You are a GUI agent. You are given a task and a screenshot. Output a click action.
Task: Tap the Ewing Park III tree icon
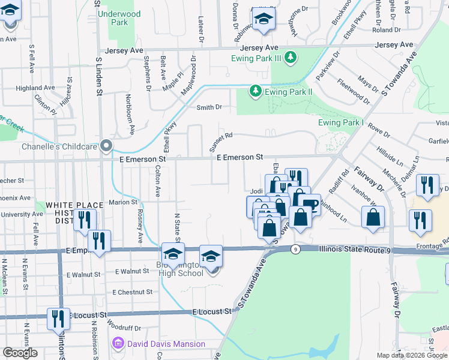pyautogui.click(x=291, y=58)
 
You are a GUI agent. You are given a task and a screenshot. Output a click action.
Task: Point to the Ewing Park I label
pyautogui.click(x=342, y=123)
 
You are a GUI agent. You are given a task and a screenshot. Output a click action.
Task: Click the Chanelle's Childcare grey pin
pyautogui.click(x=106, y=146)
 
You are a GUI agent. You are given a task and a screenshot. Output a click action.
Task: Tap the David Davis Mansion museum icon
pyautogui.click(x=118, y=344)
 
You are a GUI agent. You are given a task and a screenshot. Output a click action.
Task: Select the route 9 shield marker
pyautogui.click(x=294, y=248)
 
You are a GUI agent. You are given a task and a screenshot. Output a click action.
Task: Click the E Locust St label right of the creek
pyautogui.click(x=212, y=312)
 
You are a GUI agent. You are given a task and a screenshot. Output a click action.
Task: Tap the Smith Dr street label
pyautogui.click(x=209, y=107)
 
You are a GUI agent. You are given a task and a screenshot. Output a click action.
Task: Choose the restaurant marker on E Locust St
pyautogui.click(x=58, y=317)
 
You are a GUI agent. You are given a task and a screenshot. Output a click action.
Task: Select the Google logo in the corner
pyautogui.click(x=20, y=353)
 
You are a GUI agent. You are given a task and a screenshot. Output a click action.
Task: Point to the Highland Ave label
pyautogui.click(x=35, y=88)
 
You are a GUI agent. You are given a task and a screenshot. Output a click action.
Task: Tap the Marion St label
pyautogui.click(x=124, y=202)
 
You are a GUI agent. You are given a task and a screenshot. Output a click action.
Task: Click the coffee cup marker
pyautogui.click(x=310, y=204)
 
